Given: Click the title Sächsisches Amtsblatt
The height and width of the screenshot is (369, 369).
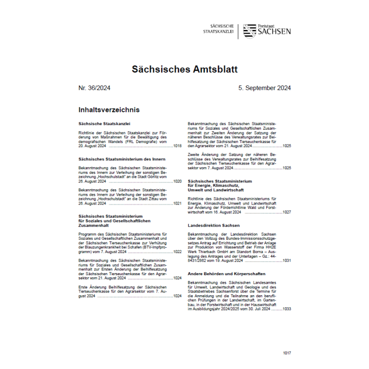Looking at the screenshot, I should coord(184,69).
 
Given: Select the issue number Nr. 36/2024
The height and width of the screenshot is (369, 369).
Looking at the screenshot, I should coord(94,88).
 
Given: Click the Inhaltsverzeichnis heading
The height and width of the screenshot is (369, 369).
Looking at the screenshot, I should coord(109,110).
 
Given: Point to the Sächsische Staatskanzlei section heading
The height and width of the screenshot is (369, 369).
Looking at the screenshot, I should coord(104,123).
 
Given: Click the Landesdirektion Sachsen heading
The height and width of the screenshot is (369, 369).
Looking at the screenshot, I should coord(213,225).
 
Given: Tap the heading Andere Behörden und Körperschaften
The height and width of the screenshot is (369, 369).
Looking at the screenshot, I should coord(227,274).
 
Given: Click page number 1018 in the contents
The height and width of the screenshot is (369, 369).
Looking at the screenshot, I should coord(177,145).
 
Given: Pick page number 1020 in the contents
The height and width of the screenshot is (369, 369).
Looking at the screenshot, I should coord(177,181).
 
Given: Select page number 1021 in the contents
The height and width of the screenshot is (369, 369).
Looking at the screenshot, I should coord(177,203).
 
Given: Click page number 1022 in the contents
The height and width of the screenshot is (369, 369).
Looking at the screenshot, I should coord(177,252).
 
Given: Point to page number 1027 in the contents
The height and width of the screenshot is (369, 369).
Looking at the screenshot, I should coord(286,211).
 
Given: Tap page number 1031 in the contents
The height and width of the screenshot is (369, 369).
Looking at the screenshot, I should coord(286,260).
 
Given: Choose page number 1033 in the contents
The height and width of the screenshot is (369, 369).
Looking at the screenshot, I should coord(286,309).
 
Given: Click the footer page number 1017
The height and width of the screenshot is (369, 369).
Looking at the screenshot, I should coord(286,353).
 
